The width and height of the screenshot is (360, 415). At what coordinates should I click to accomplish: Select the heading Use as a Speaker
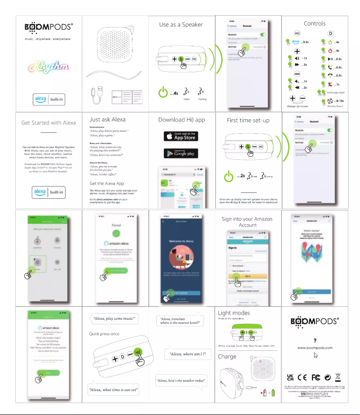[x=181, y=25]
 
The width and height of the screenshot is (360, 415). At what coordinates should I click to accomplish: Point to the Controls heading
[x=315, y=23]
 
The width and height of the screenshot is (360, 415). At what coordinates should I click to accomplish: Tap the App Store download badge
[x=180, y=136]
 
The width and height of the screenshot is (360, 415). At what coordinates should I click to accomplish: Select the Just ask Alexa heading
[x=108, y=120]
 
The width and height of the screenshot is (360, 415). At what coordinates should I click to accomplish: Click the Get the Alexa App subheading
[x=107, y=183]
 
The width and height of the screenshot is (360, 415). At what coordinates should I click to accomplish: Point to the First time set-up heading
[x=248, y=120]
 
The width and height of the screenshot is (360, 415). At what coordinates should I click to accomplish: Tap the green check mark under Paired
[x=116, y=233]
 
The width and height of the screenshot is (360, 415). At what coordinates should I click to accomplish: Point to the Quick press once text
[x=104, y=334]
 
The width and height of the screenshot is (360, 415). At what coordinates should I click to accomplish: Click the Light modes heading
[x=234, y=313]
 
